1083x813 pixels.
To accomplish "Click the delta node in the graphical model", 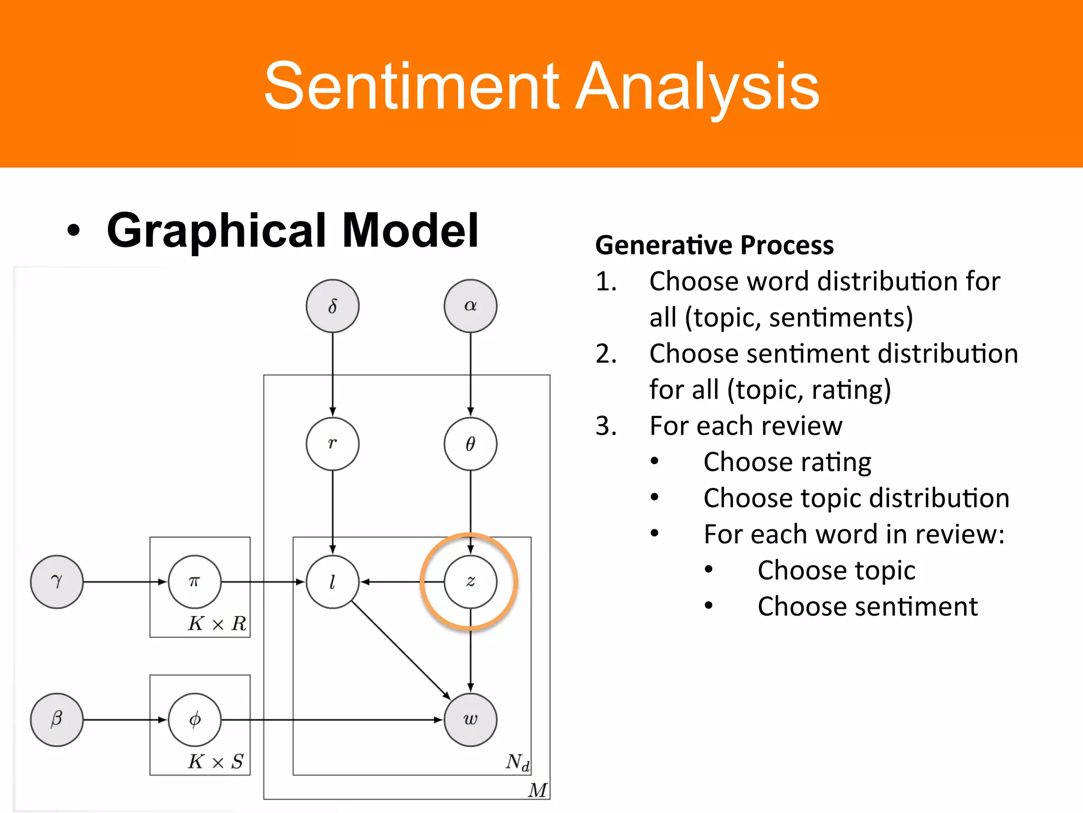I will [332, 306].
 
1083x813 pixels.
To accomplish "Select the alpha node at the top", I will [470, 306].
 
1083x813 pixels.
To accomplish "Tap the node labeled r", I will [332, 444].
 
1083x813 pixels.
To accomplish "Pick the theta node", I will [470, 444].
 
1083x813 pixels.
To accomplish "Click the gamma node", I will [57, 582].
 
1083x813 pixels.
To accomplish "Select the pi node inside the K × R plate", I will [195, 582].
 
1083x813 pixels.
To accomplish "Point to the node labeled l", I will [332, 582].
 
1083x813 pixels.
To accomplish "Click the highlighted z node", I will [470, 582].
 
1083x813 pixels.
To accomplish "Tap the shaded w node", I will [470, 719].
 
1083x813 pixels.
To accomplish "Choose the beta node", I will [57, 719].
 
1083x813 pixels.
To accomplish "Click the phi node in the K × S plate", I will [195, 719].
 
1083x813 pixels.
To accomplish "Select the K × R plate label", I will [217, 624].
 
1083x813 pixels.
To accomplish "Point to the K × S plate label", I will [215, 762].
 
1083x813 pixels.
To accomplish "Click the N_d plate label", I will [517, 762].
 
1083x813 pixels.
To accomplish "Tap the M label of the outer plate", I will [537, 790].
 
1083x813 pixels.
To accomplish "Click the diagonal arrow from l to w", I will [400, 650].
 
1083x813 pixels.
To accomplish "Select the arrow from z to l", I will [402, 582].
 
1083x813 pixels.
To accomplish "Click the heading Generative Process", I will [714, 245].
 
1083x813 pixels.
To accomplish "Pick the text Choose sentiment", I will [867, 606].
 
